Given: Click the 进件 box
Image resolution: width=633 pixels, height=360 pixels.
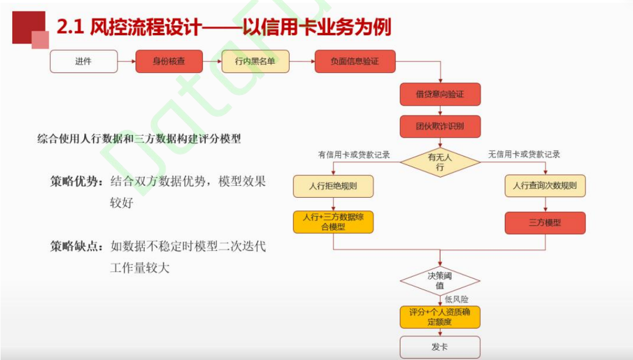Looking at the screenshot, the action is point(84,61).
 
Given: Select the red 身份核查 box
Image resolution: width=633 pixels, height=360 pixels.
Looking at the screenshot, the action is point(169,61).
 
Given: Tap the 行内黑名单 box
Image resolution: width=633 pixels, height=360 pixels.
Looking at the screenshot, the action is point(255,61).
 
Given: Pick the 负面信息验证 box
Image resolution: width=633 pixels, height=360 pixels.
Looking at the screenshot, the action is point(355,61).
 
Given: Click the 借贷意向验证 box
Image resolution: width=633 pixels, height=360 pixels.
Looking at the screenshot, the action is point(440,94).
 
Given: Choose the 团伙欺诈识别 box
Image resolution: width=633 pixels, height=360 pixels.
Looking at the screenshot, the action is point(440,127).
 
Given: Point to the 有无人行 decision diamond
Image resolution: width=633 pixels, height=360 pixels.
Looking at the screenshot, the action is point(440,162).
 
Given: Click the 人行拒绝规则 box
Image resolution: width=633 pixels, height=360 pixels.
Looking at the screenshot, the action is point(333,186).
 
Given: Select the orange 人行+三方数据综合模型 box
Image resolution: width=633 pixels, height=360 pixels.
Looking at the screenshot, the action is point(333,222).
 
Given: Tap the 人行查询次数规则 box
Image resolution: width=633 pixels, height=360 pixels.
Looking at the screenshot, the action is point(545,186).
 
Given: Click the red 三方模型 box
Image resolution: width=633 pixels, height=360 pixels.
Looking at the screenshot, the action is point(545,223).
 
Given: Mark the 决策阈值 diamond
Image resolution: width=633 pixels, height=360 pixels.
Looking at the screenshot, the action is point(440,281).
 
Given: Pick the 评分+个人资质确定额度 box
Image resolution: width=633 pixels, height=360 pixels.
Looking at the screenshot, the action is point(440,317).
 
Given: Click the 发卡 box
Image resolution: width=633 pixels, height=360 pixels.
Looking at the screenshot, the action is point(440,347).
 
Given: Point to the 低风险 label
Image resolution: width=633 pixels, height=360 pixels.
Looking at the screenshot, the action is point(457,299).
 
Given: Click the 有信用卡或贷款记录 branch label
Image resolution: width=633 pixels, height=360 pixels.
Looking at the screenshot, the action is point(354,155).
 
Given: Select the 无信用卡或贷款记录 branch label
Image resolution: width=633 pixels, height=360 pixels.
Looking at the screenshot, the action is point(524,155).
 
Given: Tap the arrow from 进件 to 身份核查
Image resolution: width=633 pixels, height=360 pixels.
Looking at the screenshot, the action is point(127,61).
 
